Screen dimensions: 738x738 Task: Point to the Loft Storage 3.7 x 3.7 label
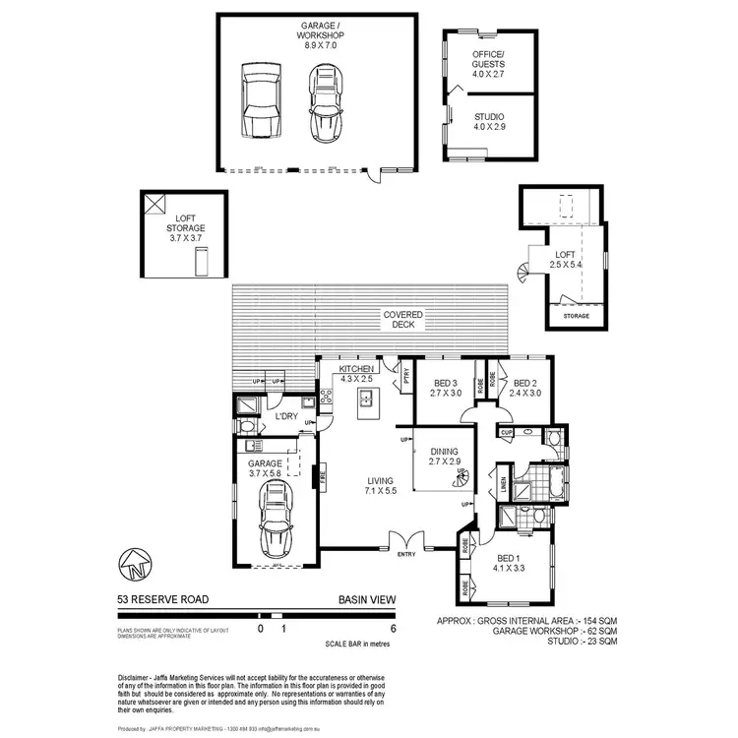point(190,227)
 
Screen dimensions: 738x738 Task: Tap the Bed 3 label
point(446,388)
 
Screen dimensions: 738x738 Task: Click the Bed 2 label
point(523,388)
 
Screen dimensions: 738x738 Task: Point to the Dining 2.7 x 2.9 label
point(445,454)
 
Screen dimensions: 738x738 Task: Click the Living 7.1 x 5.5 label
point(379,483)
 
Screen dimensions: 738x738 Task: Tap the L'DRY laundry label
point(286,416)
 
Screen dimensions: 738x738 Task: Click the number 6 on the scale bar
point(395,627)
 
